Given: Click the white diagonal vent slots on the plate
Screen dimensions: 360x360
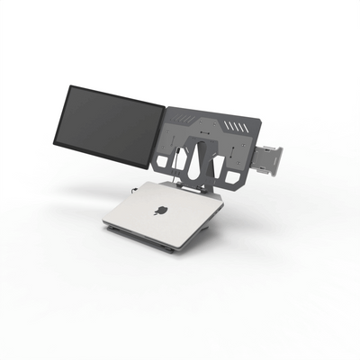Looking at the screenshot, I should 235,125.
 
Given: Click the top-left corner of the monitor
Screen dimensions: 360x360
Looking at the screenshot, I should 68,86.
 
